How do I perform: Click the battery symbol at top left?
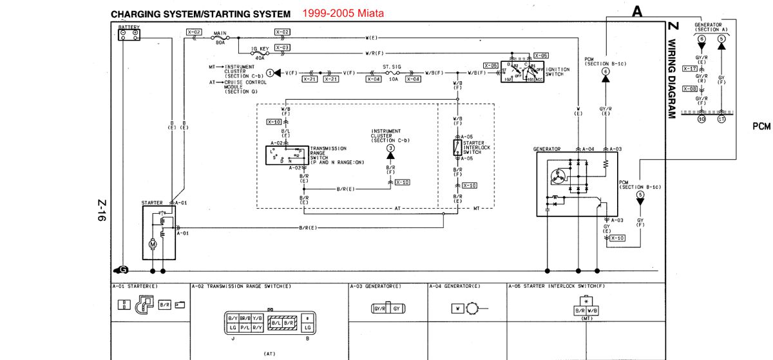point(129,36)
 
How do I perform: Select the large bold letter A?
point(638,11)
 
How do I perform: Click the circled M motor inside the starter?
point(153,244)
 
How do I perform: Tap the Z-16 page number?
point(101,211)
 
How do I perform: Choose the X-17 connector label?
point(690,68)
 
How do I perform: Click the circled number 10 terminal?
point(702,119)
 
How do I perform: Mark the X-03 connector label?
point(282,47)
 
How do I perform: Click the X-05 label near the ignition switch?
point(540,55)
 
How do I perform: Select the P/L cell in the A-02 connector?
point(246,328)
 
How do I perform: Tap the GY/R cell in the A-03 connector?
point(380,309)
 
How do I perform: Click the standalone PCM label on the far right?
point(761,127)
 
